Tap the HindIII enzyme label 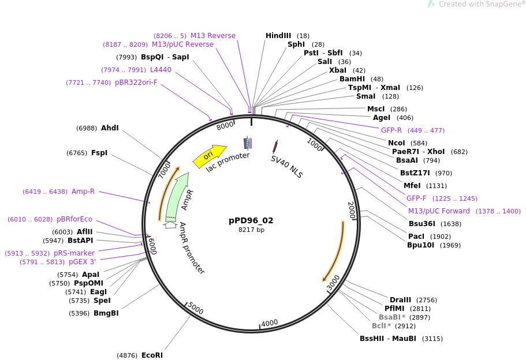pos(278,36)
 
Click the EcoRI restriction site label pos(152,355)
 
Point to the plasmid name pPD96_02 pos(251,220)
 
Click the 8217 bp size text pos(251,230)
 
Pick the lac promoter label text pos(228,164)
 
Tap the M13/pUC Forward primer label pos(439,211)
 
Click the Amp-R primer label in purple pos(83,192)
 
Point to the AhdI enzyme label pos(110,128)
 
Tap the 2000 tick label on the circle pos(351,211)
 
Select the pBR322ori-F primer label pos(136,83)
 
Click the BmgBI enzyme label pos(106,313)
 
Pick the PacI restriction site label pos(416,237)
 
